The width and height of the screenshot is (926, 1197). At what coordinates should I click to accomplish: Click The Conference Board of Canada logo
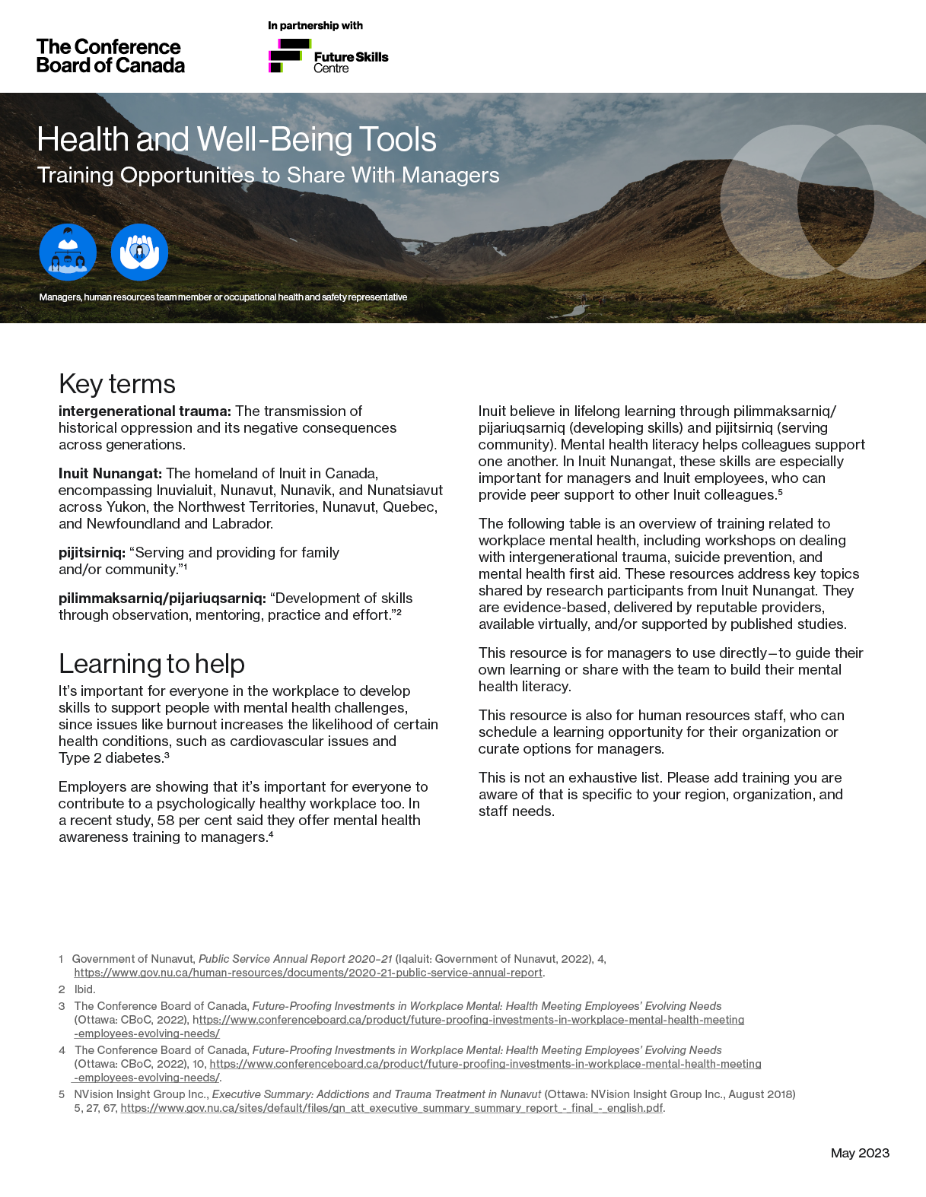pos(110,56)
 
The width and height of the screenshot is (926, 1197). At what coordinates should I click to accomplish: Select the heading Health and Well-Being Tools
pos(237,140)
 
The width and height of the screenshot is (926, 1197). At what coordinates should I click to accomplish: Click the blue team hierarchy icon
pos(68,252)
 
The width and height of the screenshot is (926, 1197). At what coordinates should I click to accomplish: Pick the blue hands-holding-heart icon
pos(139,252)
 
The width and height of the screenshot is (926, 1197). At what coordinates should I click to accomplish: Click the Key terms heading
pos(117,384)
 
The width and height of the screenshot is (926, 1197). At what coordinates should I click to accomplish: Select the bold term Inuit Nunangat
pos(110,474)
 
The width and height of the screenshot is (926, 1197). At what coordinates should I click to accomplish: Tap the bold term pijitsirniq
pos(92,553)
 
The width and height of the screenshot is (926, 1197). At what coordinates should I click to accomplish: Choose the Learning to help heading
pos(151,664)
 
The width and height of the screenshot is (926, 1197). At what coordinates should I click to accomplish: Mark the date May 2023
pos(860,1153)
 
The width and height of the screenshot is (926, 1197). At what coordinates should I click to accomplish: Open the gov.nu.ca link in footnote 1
pos(308,973)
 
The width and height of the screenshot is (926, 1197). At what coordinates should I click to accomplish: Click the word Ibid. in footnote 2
pos(84,989)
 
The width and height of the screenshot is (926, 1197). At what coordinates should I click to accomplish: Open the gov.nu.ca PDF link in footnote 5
pos(392,1108)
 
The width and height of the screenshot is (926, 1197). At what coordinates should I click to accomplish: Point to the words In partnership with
pos(315,25)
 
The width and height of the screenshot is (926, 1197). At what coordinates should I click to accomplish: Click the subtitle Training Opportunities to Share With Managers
pos(268,176)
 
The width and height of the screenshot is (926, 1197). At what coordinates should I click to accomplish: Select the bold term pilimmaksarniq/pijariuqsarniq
pos(162,598)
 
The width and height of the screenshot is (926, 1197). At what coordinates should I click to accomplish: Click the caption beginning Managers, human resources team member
pos(223,297)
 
